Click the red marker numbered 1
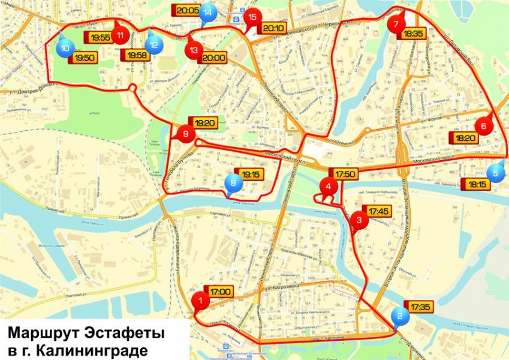[200, 299]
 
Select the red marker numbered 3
[359, 220]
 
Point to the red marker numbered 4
[328, 187]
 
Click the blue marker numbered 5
[495, 172]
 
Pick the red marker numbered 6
[483, 127]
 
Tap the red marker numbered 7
[395, 25]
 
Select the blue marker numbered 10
[65, 47]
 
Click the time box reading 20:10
[272, 28]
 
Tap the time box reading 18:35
[414, 34]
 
